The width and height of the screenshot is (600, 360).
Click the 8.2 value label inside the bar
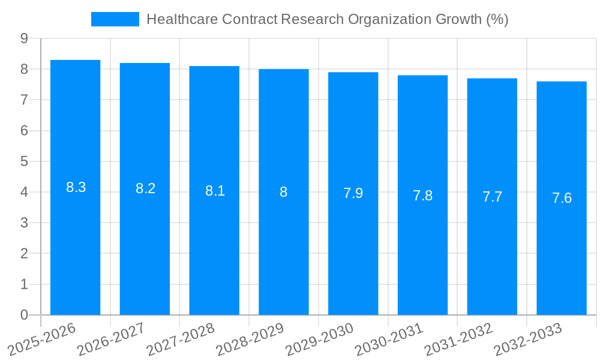145,188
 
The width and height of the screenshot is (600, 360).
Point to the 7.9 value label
353,193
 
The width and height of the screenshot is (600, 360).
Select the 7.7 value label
492,197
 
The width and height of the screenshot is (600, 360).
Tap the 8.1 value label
215,191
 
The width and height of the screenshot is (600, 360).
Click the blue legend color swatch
115,19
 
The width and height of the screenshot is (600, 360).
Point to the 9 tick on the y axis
24,38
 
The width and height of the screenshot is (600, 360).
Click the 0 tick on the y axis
24,315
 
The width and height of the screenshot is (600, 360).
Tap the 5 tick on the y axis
24,161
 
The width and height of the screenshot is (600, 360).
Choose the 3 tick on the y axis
24,223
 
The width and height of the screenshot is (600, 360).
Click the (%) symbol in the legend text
497,19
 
